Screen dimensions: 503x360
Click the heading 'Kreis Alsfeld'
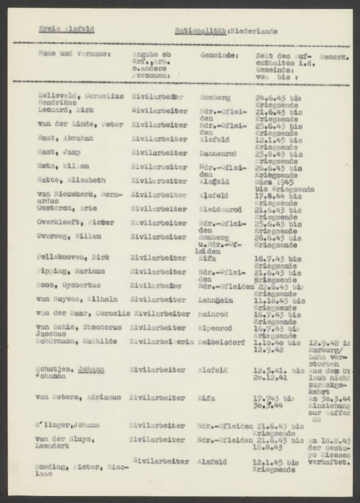click(x=66, y=29)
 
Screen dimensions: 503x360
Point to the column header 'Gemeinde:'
click(x=219, y=52)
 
